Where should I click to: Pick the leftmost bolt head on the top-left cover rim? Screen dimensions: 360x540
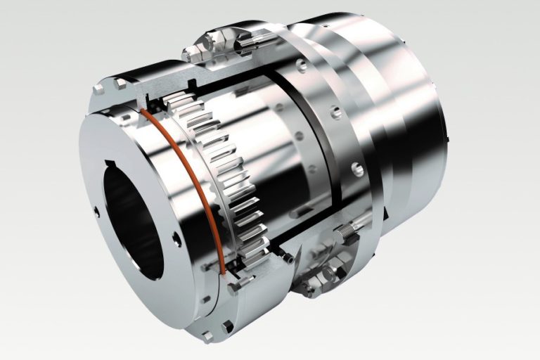tap(99, 89)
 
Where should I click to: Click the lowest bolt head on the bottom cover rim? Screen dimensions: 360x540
tap(226, 327)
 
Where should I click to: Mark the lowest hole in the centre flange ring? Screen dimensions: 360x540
tap(358, 168)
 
